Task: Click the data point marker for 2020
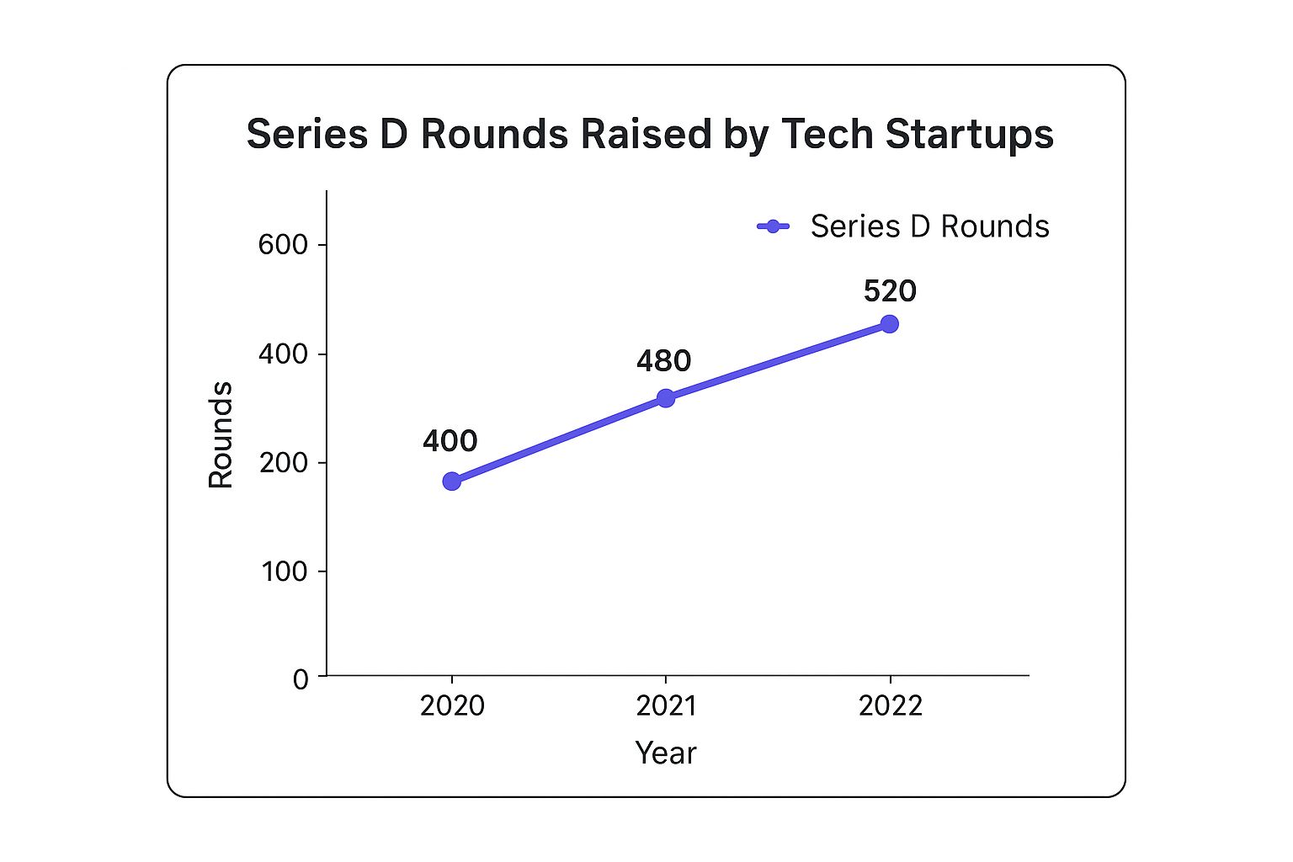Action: [x=452, y=481]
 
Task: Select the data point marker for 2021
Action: [x=666, y=397]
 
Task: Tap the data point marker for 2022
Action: [x=889, y=324]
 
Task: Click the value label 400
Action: [x=450, y=441]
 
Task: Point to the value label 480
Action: [x=663, y=361]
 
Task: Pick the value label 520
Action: [x=889, y=291]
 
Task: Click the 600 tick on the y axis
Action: [x=283, y=245]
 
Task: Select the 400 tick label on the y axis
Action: [x=283, y=354]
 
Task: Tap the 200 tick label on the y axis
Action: [x=283, y=463]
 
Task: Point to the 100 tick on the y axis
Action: [x=283, y=572]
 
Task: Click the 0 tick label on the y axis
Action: [x=301, y=679]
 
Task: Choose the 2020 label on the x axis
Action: [x=452, y=705]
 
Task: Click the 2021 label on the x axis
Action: [x=666, y=705]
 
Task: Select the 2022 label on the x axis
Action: [x=890, y=705]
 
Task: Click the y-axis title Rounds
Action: [x=221, y=434]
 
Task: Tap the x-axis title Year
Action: [x=665, y=753]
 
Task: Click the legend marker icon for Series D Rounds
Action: [x=773, y=226]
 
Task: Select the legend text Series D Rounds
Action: [x=929, y=226]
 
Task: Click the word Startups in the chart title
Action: [x=969, y=135]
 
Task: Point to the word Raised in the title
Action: [x=641, y=135]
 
